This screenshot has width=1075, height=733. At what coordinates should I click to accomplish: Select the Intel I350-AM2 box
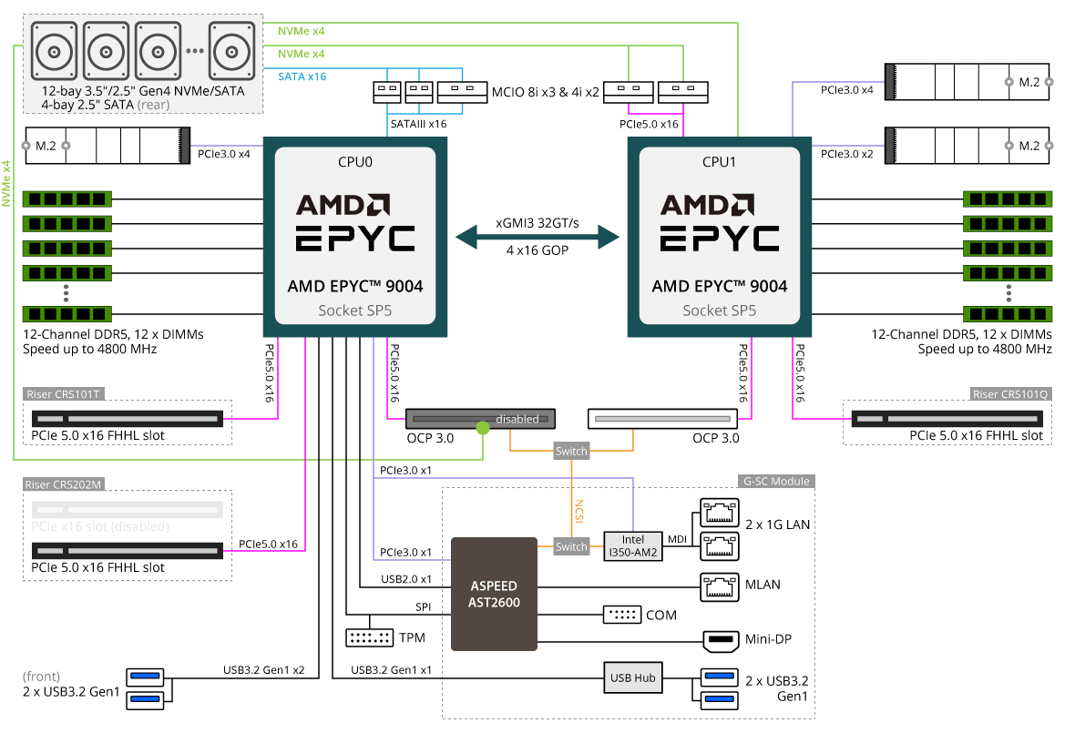tap(633, 546)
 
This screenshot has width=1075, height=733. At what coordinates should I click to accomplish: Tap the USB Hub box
tap(633, 678)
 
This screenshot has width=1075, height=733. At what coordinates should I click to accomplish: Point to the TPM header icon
tap(370, 637)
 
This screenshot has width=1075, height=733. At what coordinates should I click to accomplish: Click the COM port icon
tap(621, 615)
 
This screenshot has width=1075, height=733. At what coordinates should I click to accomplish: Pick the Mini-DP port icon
tap(723, 639)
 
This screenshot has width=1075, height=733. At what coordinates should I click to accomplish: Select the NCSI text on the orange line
tap(578, 509)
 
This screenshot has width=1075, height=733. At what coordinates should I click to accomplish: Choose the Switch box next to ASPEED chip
tap(572, 546)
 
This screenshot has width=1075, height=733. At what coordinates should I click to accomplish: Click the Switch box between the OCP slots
tap(572, 452)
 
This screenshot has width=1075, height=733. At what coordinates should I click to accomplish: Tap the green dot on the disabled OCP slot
tap(482, 426)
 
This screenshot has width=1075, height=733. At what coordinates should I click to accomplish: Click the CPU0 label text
tap(354, 162)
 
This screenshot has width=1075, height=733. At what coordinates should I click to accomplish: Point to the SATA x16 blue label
tap(302, 76)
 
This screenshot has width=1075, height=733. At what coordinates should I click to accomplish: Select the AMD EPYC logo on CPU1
tap(720, 222)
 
